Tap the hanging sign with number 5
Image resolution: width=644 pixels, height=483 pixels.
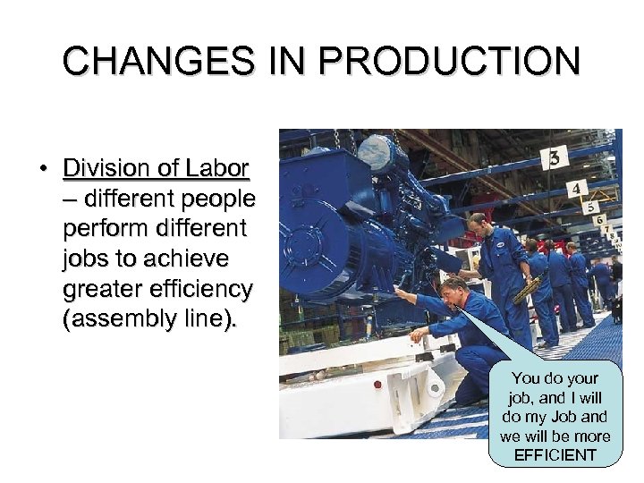pos(589,207)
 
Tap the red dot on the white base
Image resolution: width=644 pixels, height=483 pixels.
pos(377,385)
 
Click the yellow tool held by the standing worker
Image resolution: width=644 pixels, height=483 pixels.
pos(527,288)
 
